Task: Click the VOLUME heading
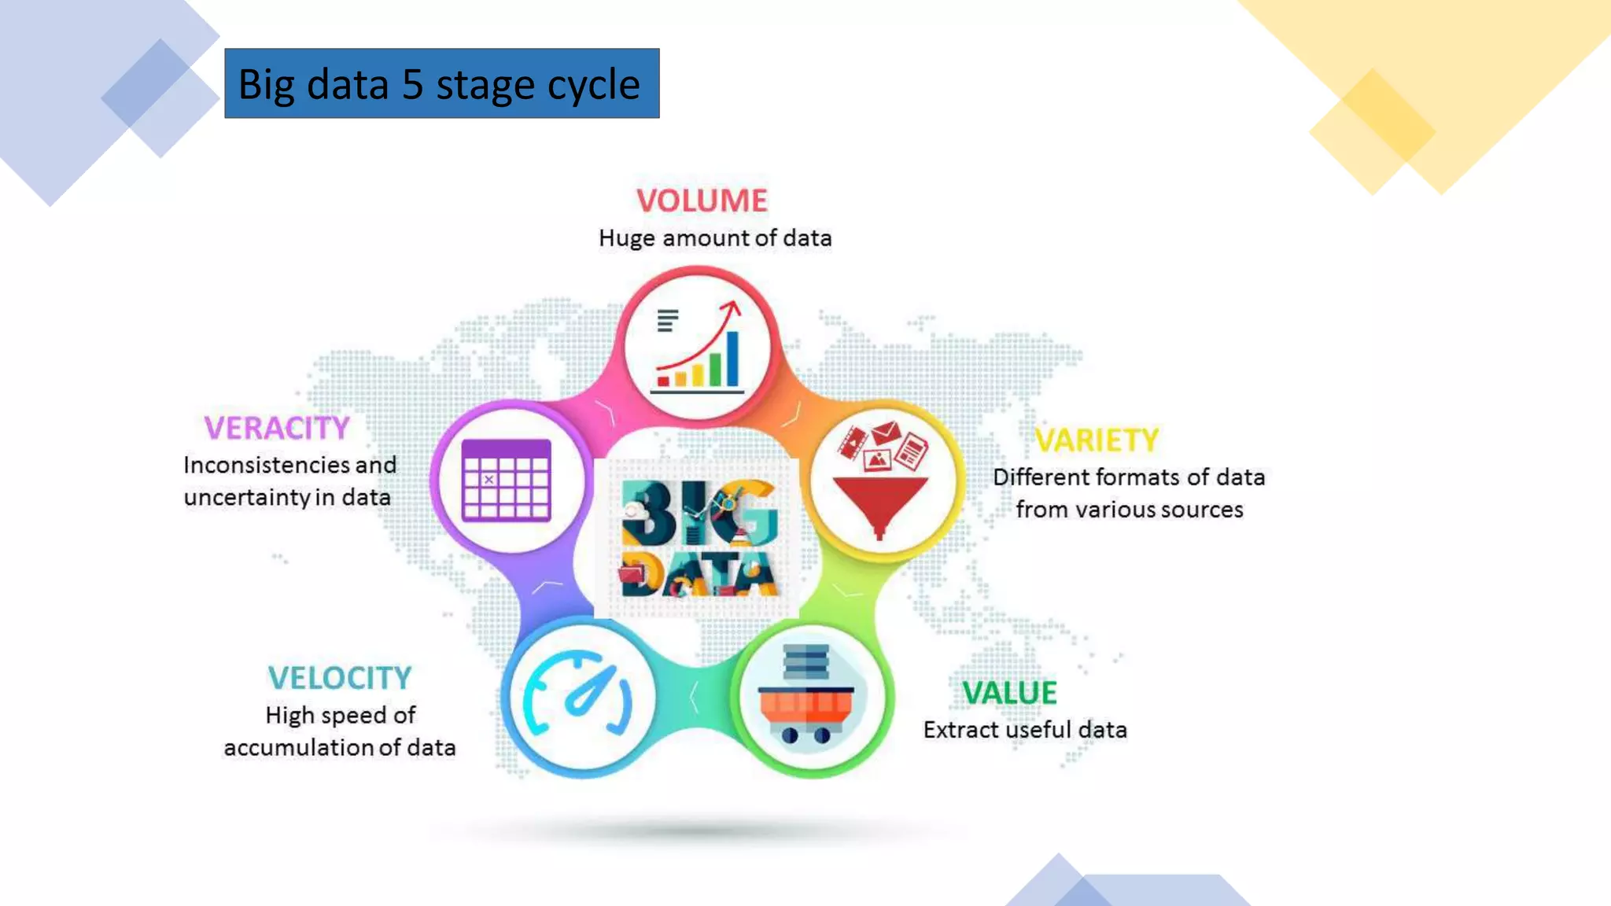tap(702, 201)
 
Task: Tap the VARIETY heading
tap(1097, 440)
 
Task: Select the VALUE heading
tap(1010, 693)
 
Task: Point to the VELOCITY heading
tap(340, 678)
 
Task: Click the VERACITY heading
tap(277, 429)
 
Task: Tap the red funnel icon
tap(881, 503)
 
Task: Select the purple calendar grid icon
tap(507, 480)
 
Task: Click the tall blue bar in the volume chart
tap(732, 359)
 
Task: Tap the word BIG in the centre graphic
tap(699, 512)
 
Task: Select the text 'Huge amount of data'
tap(715, 238)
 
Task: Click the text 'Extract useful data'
tap(1025, 730)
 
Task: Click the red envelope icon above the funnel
tap(886, 432)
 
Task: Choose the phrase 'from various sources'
tap(1130, 510)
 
